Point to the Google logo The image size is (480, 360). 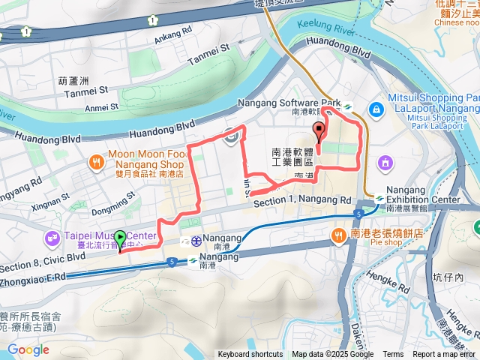click(28, 350)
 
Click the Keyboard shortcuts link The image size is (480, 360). click(250, 355)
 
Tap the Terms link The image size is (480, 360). click(393, 355)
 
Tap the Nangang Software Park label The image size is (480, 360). click(289, 103)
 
